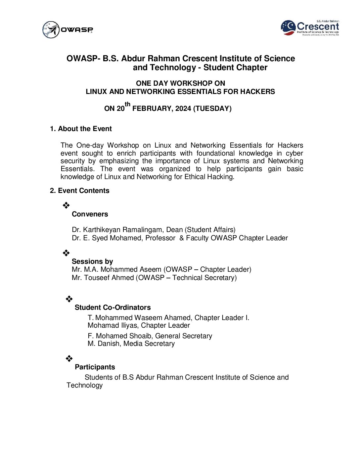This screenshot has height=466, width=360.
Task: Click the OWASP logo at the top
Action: point(67,30)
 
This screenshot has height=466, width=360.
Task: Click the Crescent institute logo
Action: point(310,28)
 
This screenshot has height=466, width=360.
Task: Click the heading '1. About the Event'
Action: point(81,129)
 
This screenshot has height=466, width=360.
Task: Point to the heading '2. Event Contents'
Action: point(80,191)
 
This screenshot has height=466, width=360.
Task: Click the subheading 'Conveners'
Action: point(90,214)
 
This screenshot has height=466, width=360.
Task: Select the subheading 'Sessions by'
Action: point(92,261)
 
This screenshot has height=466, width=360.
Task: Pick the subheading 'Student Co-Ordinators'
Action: point(112,307)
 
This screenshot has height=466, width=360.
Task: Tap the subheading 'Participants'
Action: point(95,367)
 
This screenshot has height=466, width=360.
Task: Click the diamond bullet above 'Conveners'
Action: point(66,206)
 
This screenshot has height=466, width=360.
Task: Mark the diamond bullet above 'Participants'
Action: point(69,358)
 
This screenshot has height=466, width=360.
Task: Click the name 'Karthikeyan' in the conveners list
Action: point(102,230)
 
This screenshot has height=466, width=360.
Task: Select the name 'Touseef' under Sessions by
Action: point(96,278)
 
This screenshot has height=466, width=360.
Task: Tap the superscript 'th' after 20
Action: point(128,105)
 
